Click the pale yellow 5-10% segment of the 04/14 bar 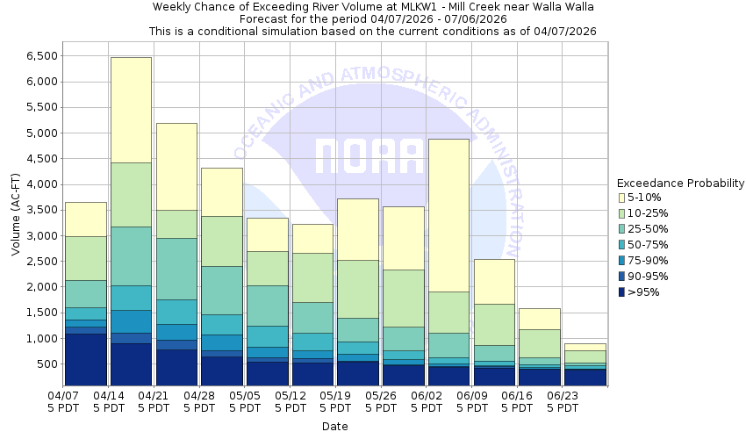click(131, 110)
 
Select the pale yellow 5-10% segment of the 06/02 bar click(448, 215)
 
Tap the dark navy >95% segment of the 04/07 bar click(85, 360)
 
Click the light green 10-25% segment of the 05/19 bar click(357, 289)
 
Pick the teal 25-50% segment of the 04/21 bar click(176, 269)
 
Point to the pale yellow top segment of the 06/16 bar click(540, 319)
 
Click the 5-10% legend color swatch click(621, 198)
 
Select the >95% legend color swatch click(621, 292)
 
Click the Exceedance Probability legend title click(680, 184)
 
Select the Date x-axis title click(334, 427)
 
